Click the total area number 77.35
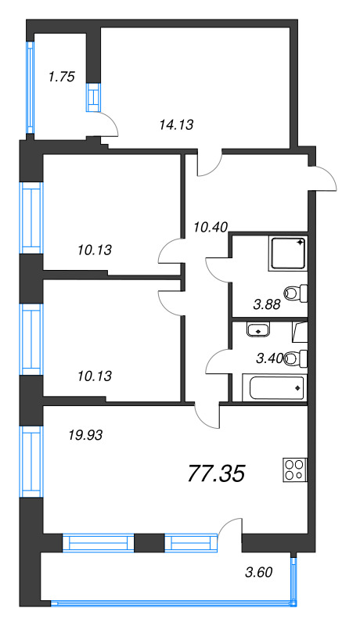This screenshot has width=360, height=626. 217,473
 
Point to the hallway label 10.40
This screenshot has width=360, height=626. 210,227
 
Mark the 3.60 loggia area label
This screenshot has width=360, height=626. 259,571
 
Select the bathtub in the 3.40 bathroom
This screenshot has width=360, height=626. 274,387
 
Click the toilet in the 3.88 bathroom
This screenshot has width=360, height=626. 295,293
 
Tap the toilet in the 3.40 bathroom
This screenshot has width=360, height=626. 295,359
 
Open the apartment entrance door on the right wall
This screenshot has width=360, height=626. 324,179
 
